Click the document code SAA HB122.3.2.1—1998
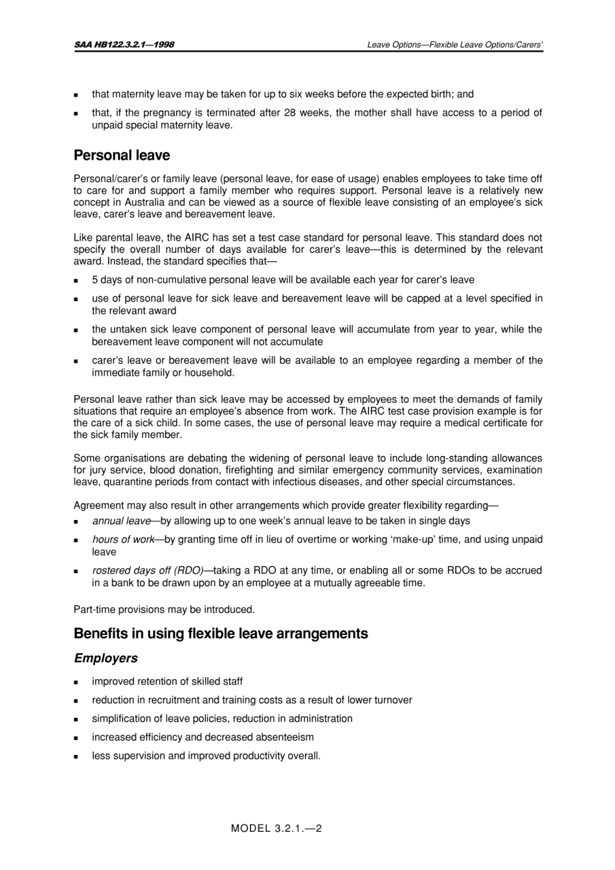point(124,45)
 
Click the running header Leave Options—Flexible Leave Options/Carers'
point(454,45)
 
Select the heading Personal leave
point(122,155)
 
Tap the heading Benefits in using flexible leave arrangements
point(221,633)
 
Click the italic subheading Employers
point(106,658)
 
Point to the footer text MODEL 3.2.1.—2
point(276,828)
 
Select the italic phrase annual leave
point(121,521)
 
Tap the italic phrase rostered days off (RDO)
point(148,571)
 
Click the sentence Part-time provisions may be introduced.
point(164,609)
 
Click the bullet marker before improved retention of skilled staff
point(76,682)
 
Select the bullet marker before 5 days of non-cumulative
point(76,280)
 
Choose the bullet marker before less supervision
point(76,756)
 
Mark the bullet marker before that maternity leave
point(76,94)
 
